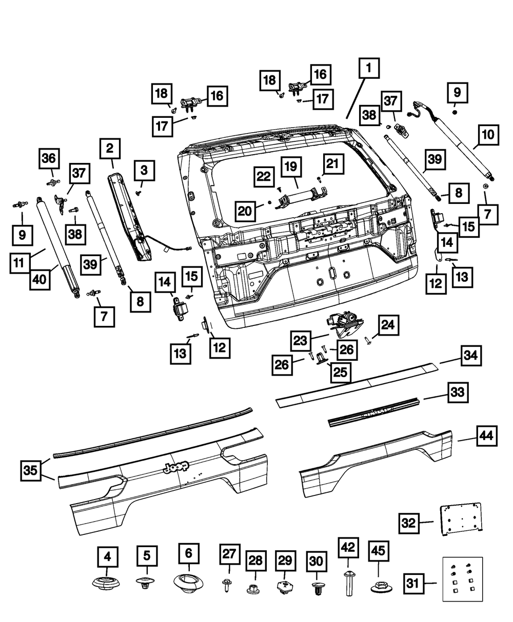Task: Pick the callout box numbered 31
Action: point(413,583)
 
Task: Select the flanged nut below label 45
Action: point(378,585)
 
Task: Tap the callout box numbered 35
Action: point(31,470)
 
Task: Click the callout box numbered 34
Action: point(472,356)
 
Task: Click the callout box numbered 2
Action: point(110,149)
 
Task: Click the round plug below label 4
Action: point(107,583)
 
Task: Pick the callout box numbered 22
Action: point(263,177)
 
